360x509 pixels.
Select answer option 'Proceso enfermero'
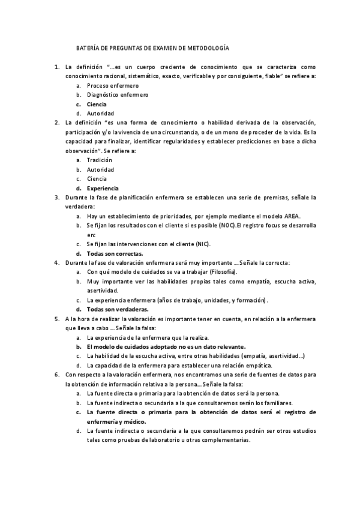point(112,85)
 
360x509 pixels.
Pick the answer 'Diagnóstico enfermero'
point(118,95)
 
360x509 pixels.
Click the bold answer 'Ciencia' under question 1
point(97,104)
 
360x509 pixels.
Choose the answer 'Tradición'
point(99,160)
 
